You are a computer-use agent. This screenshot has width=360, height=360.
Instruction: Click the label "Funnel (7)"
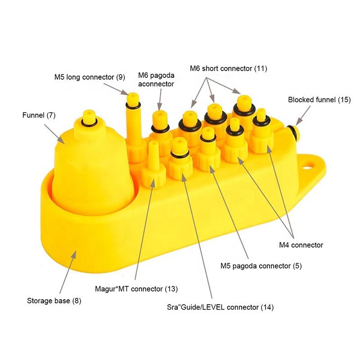pyautogui.click(x=39, y=115)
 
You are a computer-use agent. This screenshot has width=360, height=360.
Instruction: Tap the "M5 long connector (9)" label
pyautogui.click(x=90, y=77)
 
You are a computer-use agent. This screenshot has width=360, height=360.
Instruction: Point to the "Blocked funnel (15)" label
pyautogui.click(x=319, y=100)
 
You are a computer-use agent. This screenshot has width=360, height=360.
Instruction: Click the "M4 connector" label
pyautogui.click(x=301, y=245)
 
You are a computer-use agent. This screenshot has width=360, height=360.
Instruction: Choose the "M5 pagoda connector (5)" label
pyautogui.click(x=261, y=266)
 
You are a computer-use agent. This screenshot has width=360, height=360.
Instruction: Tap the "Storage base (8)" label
pyautogui.click(x=54, y=301)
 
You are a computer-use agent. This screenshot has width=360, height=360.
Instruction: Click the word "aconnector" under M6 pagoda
pyautogui.click(x=156, y=84)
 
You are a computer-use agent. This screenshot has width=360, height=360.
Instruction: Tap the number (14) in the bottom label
pyautogui.click(x=266, y=308)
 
